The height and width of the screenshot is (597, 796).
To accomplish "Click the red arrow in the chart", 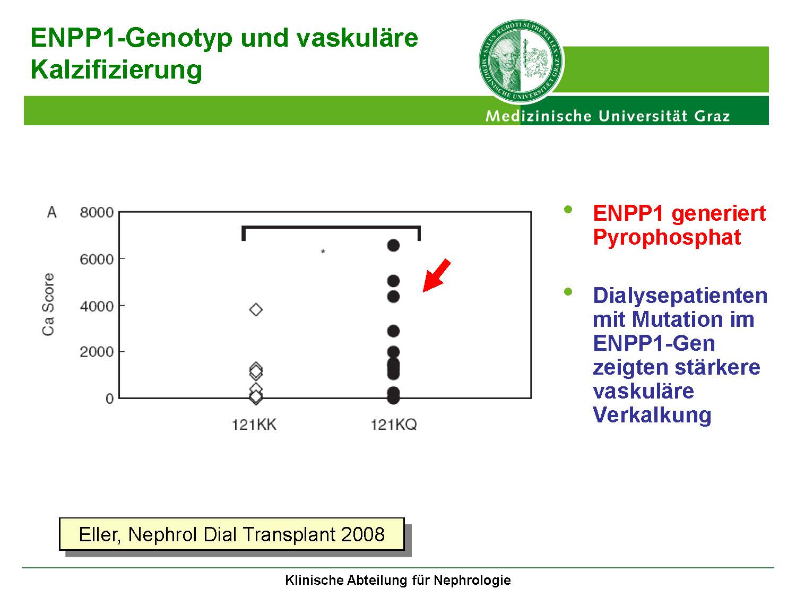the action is (437, 275).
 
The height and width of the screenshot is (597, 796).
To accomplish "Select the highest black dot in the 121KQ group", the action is (393, 246).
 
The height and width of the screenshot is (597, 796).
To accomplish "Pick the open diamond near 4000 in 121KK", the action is (256, 310).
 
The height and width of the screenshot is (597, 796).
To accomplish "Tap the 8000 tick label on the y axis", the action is (97, 212).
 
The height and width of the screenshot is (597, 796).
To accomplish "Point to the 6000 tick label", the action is (97, 259).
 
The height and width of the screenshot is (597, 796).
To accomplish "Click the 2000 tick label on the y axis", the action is (97, 352).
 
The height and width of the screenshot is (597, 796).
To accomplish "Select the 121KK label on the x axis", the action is (254, 425).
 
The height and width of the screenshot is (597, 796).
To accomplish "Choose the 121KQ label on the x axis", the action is (394, 425).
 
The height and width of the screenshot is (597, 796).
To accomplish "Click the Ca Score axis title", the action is (48, 305).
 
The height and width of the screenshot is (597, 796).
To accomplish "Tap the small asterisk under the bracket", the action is (323, 251).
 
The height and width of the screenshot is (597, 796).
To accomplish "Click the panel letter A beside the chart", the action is (52, 212).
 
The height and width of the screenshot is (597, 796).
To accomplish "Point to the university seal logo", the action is (521, 62).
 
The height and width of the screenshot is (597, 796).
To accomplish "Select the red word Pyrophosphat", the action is (667, 237).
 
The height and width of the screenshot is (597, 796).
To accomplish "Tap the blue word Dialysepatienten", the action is (680, 296).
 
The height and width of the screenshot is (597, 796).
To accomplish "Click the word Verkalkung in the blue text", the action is (652, 414).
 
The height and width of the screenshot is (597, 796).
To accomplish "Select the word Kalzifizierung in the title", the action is (116, 70).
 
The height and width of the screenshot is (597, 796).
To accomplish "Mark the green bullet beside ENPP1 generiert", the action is (568, 209).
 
